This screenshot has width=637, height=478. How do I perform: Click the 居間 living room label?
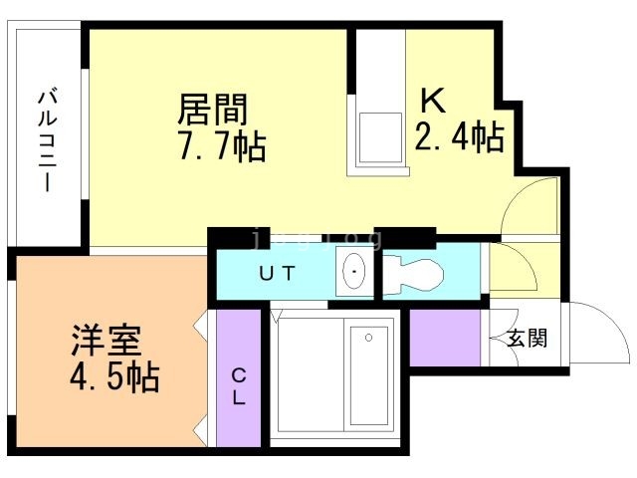coord(211,108)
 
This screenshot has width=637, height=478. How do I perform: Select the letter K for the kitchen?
coord(433,100)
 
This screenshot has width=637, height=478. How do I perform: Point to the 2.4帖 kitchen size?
coord(458,135)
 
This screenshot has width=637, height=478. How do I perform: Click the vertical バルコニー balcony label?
coord(46,139)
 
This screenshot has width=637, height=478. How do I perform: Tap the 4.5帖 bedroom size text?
coord(115,378)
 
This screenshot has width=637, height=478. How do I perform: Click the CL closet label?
coord(240,386)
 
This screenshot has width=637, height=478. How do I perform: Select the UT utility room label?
coord(277,273)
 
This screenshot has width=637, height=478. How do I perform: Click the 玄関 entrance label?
coord(528,339)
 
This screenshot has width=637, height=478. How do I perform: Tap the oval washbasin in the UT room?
coord(353,272)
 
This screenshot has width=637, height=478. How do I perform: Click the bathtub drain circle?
coord(369,337)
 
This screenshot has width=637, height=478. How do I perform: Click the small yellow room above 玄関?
coord(511,269)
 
